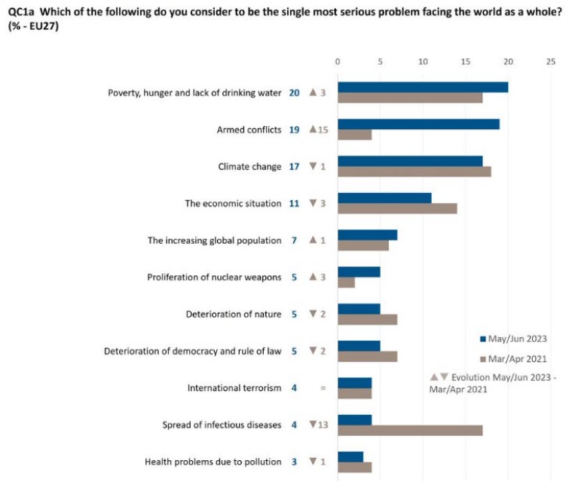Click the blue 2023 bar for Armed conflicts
point(418,124)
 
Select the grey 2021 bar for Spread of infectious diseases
point(410,430)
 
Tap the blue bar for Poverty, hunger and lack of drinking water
point(423,87)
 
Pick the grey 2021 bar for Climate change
point(414,171)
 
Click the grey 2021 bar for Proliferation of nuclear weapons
point(346,282)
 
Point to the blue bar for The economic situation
point(384,198)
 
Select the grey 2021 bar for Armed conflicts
point(354,134)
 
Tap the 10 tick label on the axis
point(423,62)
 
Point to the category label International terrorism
point(234,388)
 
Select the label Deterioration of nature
point(234,314)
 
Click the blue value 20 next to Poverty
point(295,93)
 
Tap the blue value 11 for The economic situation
point(295,204)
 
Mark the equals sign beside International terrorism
point(323,388)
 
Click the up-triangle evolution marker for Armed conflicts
point(314,130)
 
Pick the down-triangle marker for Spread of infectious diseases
point(314,425)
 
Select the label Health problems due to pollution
point(213,462)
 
